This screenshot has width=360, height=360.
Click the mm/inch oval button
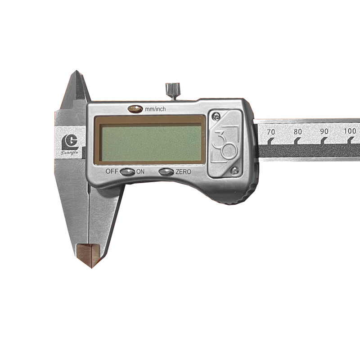click(135, 108)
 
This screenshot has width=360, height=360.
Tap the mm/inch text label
click(155, 109)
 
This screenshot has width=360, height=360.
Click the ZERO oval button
click(166, 172)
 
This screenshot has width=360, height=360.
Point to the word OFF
click(112, 171)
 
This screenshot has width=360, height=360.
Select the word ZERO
click(183, 172)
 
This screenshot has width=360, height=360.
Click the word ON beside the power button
click(140, 171)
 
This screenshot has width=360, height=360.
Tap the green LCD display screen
click(152, 144)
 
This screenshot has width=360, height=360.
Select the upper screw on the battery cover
click(216, 117)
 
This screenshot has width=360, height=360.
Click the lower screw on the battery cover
click(234, 170)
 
